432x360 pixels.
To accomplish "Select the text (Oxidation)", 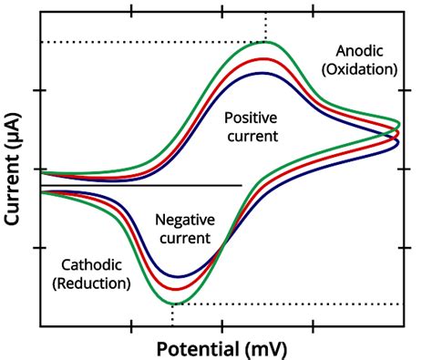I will click(x=366, y=69).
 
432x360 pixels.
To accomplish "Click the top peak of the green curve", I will click(x=265, y=42).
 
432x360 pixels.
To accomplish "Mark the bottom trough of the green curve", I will click(x=173, y=303).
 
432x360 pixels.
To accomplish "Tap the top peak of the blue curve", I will click(x=263, y=73).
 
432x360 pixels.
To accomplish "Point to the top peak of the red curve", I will click(x=264, y=58).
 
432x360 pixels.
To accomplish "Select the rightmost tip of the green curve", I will click(x=400, y=123).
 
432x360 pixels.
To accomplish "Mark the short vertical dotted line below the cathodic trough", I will click(x=172, y=314).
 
